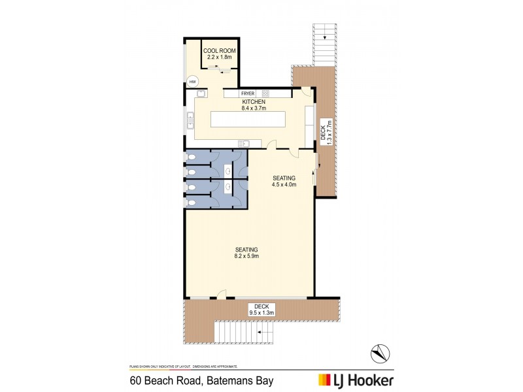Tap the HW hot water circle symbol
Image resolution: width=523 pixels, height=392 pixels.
192,82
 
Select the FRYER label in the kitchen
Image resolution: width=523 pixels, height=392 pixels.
247,93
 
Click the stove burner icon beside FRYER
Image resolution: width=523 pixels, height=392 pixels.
266,93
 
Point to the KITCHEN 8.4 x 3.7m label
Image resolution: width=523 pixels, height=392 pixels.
253,106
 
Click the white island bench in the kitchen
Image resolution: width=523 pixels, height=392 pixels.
248,120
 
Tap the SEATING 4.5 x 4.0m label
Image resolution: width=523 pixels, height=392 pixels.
284,182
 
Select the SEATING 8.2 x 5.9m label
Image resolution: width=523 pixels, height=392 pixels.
247,252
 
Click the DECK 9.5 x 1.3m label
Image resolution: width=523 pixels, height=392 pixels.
262,309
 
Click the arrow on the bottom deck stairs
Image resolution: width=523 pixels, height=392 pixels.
261,333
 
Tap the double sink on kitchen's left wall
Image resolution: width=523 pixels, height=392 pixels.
191,120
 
